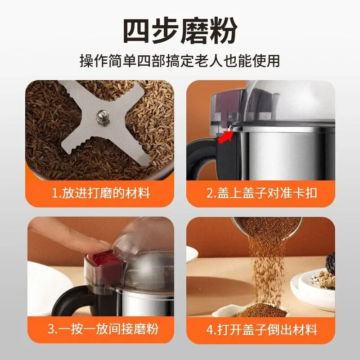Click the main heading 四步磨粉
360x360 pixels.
coord(180,31)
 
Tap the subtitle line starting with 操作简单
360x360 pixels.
coord(180,61)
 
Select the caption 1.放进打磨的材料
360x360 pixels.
coord(101,193)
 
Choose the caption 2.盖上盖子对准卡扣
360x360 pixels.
coord(261,193)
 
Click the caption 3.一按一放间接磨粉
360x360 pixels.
coord(103,329)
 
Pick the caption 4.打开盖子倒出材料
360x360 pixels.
coord(262,330)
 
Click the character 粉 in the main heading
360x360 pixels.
coord(223,31)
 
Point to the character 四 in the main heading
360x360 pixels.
coord(137,31)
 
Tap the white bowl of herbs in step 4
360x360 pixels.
coord(315,287)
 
